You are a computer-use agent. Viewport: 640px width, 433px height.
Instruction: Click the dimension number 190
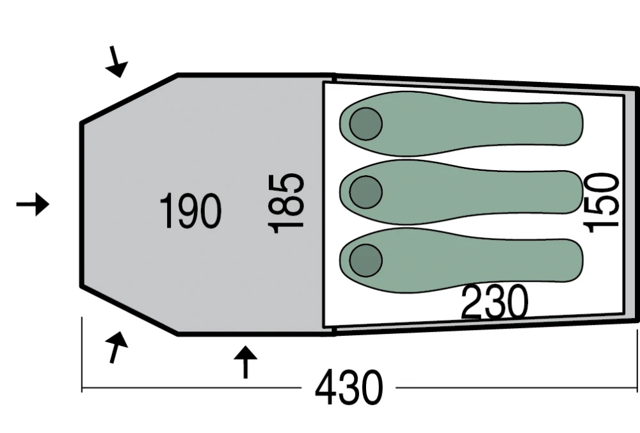coord(190,211)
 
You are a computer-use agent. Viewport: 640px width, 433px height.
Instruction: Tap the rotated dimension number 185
coord(285,203)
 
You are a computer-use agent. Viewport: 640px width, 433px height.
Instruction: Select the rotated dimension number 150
coord(601,203)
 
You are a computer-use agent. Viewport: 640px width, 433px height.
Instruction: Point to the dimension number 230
coord(494,302)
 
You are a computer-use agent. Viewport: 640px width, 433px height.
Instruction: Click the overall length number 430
coord(349,388)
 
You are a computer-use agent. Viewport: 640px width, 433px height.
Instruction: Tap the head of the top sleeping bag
coord(365,124)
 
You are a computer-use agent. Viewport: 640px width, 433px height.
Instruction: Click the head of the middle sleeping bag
coord(365,192)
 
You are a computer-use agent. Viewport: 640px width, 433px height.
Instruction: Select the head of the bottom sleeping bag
coord(365,260)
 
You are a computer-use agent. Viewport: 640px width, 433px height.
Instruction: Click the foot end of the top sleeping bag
coord(572,124)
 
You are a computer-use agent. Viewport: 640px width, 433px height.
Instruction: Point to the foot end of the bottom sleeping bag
coord(572,260)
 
